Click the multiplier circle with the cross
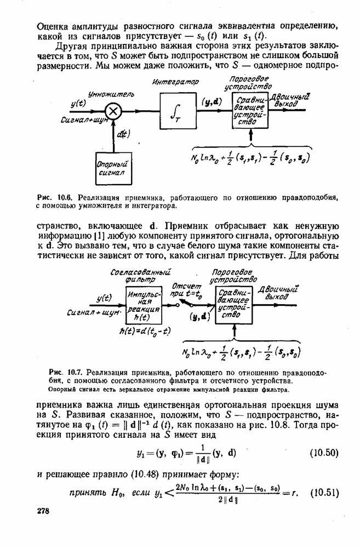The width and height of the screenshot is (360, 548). pyautogui.click(x=113, y=111)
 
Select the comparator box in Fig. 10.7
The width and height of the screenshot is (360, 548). pyautogui.click(x=234, y=306)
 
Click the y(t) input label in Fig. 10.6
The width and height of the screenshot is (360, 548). pyautogui.click(x=78, y=104)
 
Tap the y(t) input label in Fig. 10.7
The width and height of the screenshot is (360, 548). pyautogui.click(x=104, y=298)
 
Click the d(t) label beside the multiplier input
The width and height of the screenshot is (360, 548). pyautogui.click(x=123, y=133)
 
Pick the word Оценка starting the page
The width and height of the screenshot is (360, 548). pyautogui.click(x=52, y=26)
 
